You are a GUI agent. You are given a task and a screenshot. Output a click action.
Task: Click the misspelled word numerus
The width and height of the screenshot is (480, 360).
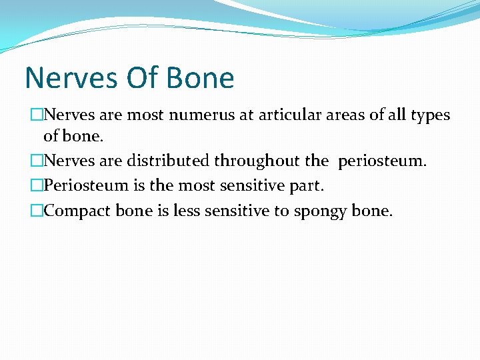197,115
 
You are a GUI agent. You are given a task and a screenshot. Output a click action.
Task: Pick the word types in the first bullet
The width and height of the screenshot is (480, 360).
430,115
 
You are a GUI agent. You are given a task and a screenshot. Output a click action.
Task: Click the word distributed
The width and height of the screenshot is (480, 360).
166,161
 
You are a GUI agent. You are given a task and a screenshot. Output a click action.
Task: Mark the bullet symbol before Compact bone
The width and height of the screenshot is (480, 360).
37,211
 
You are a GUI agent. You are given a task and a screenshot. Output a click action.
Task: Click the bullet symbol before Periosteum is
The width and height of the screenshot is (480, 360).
37,186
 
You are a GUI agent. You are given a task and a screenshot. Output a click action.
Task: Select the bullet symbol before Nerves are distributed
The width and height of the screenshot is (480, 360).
37,161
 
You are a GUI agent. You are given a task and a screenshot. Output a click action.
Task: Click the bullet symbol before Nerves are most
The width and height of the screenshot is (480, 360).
37,115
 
